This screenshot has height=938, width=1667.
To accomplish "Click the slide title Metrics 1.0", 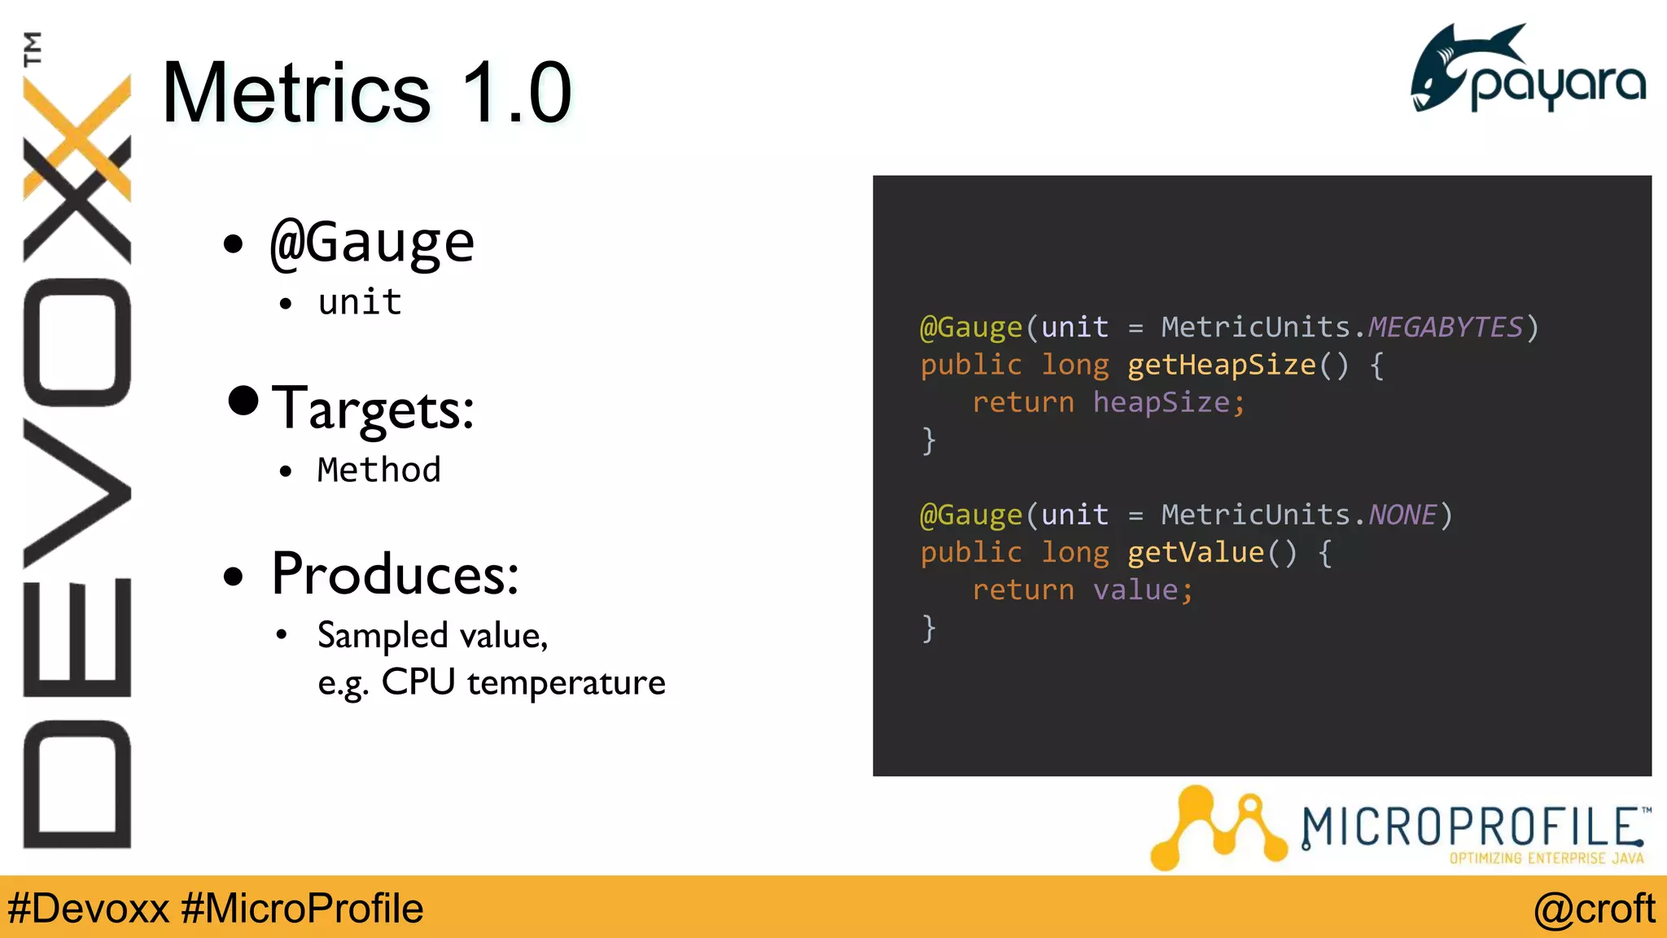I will pyautogui.click(x=367, y=93).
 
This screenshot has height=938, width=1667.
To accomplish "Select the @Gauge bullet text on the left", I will pyautogui.click(x=372, y=243).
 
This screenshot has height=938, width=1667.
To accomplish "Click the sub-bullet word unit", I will pyautogui.click(x=360, y=302).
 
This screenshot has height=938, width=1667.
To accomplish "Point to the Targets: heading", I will pyautogui.click(x=373, y=409).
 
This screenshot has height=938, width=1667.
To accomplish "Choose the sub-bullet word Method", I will pyautogui.click(x=378, y=470).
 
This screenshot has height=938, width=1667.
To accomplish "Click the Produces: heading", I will pyautogui.click(x=395, y=575).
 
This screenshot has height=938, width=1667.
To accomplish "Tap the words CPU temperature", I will pyautogui.click(x=523, y=682).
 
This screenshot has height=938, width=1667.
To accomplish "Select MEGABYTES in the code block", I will pyautogui.click(x=1445, y=327).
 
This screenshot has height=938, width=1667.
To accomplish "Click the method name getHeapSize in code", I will pyautogui.click(x=1221, y=365).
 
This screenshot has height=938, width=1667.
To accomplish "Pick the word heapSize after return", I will pyautogui.click(x=1161, y=402).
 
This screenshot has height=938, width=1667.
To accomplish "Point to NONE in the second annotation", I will pyautogui.click(x=1402, y=515).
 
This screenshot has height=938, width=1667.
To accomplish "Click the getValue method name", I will pyautogui.click(x=1195, y=553).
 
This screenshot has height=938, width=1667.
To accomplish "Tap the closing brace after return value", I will pyautogui.click(x=929, y=628).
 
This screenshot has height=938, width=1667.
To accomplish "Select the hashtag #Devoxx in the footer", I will pyautogui.click(x=89, y=909).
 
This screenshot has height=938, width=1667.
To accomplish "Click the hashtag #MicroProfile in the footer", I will pyautogui.click(x=302, y=909).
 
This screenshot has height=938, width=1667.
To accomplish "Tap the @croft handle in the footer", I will pyautogui.click(x=1594, y=909).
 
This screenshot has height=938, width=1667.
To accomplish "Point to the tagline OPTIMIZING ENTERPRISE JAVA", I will pyautogui.click(x=1546, y=858).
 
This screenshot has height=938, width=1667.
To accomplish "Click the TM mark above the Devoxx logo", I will pyautogui.click(x=33, y=49).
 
